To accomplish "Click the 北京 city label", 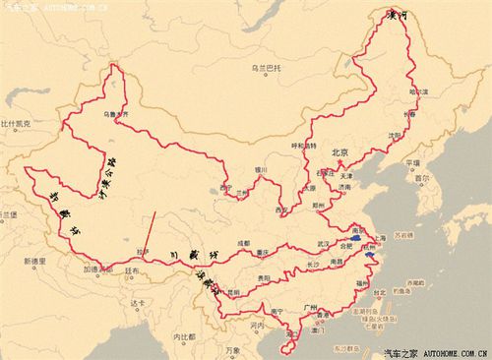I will tap(341, 152).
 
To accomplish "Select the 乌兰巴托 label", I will tap(268, 68).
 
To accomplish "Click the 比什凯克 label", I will tap(17, 125).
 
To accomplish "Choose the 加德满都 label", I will tap(95, 269).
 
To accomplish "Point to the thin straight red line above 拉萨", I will tap(149, 232).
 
